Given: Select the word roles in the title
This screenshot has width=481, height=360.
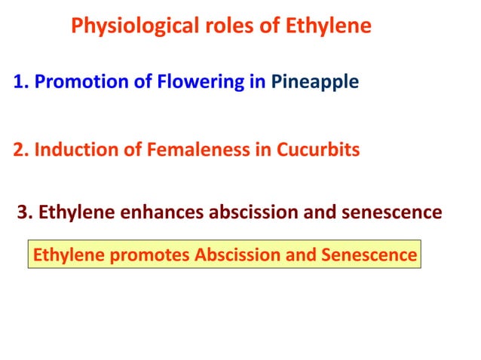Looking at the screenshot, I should (222, 27).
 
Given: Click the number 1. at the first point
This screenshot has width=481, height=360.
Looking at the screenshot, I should (21, 82).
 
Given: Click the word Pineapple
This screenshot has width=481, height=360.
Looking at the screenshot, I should (314, 82).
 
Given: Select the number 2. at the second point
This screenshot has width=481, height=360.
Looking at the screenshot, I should (21, 150).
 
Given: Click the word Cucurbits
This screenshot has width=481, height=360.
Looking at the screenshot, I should (317, 150).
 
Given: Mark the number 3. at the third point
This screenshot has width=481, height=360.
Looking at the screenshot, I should (25, 212).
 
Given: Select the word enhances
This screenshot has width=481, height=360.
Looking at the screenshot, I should (155, 212).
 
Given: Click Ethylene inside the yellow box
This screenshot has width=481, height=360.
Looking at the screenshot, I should (66, 255).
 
